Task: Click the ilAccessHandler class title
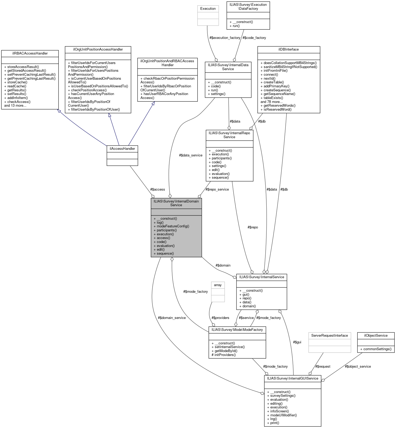122,148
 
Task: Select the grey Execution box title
208,9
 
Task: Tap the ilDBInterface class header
288,49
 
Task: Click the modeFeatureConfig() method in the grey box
173,226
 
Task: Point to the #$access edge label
157,189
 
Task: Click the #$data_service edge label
190,155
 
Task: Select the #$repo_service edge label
217,189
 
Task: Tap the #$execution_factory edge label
225,38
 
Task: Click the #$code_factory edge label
254,38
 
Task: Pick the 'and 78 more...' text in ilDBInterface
271,102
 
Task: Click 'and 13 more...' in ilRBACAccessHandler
15,106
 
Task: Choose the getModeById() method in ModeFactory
226,351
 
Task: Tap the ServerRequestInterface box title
330,336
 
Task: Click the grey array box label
218,285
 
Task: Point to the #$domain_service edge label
172,318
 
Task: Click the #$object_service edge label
358,367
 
